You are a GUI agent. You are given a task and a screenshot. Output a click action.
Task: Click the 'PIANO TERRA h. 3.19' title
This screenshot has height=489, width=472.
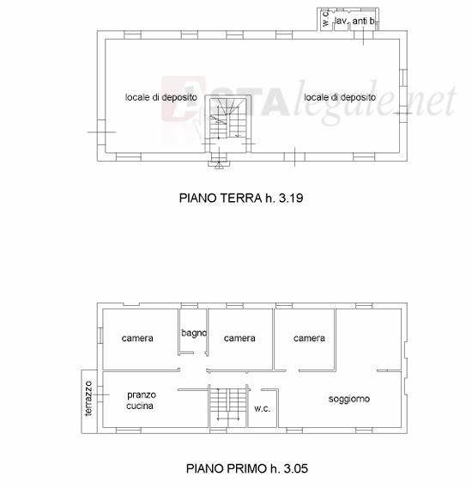pyautogui.click(x=241, y=198)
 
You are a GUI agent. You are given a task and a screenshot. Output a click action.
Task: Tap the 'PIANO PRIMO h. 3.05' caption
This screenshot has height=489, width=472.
pyautogui.click(x=247, y=468)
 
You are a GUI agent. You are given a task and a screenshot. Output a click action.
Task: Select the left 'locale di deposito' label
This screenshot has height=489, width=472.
pyautogui.click(x=161, y=97)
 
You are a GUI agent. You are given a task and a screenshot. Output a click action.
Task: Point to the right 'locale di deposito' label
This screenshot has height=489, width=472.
pyautogui.click(x=340, y=97)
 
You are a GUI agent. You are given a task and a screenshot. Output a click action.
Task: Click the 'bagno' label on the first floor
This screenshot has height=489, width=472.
pyautogui.click(x=194, y=333)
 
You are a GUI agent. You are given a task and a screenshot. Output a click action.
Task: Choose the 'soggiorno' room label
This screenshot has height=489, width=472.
pyautogui.click(x=349, y=399)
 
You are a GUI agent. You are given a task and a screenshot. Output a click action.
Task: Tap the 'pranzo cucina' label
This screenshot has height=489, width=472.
pyautogui.click(x=141, y=400)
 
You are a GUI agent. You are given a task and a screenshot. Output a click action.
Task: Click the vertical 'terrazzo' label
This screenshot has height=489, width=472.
pyautogui.click(x=88, y=398)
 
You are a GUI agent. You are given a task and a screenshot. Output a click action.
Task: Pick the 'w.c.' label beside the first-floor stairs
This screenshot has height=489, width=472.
pyautogui.click(x=262, y=408)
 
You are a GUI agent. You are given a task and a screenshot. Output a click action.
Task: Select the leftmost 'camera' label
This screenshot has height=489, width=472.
pyautogui.click(x=137, y=338)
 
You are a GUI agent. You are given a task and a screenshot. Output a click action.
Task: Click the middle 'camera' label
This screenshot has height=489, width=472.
pyautogui.click(x=239, y=338)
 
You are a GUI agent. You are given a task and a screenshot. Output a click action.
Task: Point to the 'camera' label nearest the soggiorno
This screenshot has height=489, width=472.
pyautogui.click(x=309, y=338)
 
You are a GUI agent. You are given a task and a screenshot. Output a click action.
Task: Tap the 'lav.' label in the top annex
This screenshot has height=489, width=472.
pyautogui.click(x=341, y=21)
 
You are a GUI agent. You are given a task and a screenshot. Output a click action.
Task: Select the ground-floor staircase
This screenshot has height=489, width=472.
pyautogui.click(x=228, y=119)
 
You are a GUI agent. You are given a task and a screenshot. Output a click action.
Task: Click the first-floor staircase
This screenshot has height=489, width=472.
pyautogui.click(x=228, y=405)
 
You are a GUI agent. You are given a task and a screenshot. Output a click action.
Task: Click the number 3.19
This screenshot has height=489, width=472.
pyautogui.click(x=291, y=198)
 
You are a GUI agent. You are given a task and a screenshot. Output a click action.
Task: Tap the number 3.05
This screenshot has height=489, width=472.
pyautogui.click(x=296, y=468)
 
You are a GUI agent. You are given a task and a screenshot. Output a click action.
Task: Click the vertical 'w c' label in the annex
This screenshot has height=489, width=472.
pyautogui.click(x=325, y=18)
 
